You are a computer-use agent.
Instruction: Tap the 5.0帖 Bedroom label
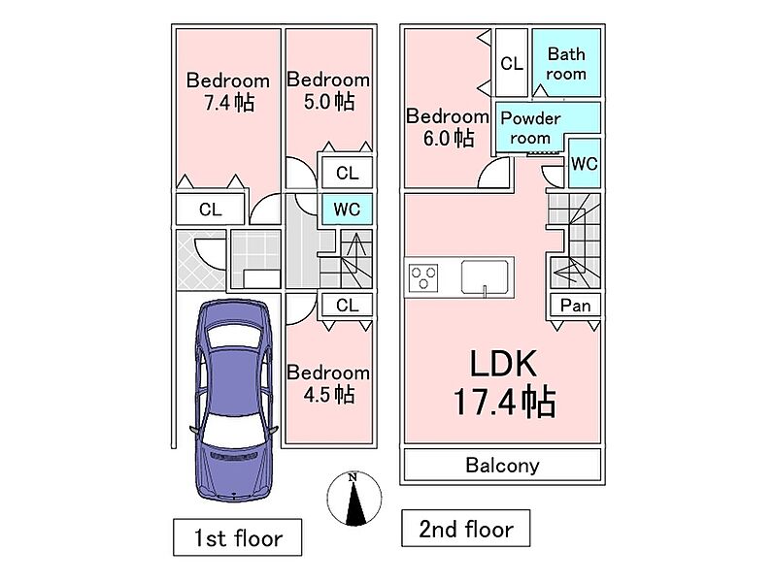click(328, 90)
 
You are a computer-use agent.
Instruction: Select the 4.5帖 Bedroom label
click(328, 383)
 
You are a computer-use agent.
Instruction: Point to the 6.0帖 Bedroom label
click(447, 126)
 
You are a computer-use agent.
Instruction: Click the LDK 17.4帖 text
click(504, 383)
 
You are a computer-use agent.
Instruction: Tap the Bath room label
click(566, 64)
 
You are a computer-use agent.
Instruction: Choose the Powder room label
click(530, 127)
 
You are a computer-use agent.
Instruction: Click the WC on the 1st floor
click(347, 209)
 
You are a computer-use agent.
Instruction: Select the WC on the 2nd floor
click(584, 164)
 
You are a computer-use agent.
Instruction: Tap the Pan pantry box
click(575, 305)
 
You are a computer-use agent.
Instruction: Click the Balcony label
click(502, 465)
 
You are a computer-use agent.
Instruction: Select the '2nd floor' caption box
click(465, 530)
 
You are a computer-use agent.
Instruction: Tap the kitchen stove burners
click(424, 278)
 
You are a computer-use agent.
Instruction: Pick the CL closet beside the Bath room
click(512, 64)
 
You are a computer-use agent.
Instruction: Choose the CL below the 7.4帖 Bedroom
click(210, 209)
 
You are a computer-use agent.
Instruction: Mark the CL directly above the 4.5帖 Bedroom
click(347, 305)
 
